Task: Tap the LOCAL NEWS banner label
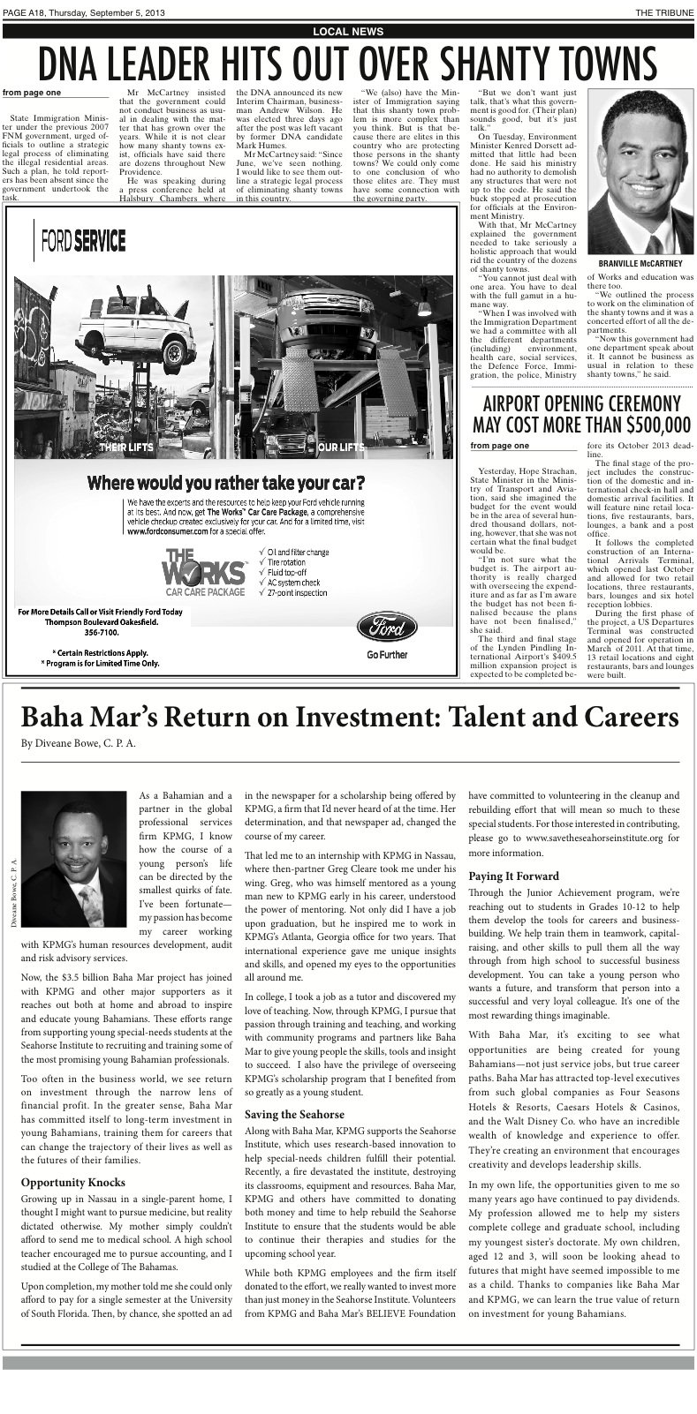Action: tap(348, 32)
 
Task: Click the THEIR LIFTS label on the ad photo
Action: tap(125, 448)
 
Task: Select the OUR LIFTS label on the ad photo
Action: tap(340, 448)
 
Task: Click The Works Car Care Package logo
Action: tap(204, 572)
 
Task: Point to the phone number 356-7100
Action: tap(102, 633)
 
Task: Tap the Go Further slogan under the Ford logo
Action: tap(387, 655)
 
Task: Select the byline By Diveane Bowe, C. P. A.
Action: tap(79, 743)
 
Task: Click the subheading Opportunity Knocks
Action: tap(73, 1182)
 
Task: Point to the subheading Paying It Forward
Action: tap(513, 876)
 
